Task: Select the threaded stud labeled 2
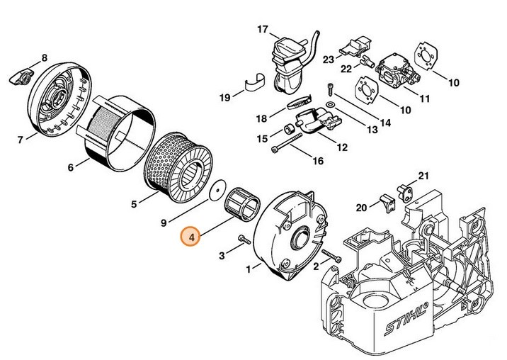(331, 254)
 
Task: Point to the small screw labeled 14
(331, 89)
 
